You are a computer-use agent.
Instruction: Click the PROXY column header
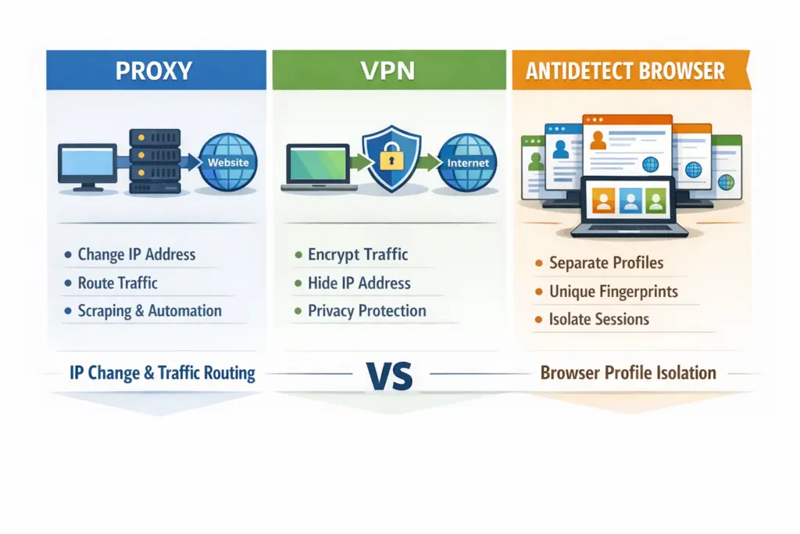click(153, 70)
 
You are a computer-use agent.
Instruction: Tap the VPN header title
click(388, 70)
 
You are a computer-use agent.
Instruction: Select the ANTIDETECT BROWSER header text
click(625, 71)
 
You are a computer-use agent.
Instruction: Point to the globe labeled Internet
click(467, 163)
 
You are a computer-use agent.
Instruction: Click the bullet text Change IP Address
click(137, 254)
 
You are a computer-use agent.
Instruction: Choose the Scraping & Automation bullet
click(149, 310)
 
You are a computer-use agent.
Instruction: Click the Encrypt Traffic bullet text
click(358, 254)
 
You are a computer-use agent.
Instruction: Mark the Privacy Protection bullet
click(366, 310)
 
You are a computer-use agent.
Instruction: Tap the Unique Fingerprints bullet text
click(613, 292)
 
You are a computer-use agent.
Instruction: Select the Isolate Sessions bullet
click(599, 319)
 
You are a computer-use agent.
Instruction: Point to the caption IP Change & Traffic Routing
click(162, 373)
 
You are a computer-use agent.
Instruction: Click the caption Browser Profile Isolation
click(628, 372)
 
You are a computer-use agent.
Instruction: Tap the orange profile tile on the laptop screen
click(602, 202)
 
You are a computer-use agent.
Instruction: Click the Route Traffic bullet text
click(117, 282)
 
